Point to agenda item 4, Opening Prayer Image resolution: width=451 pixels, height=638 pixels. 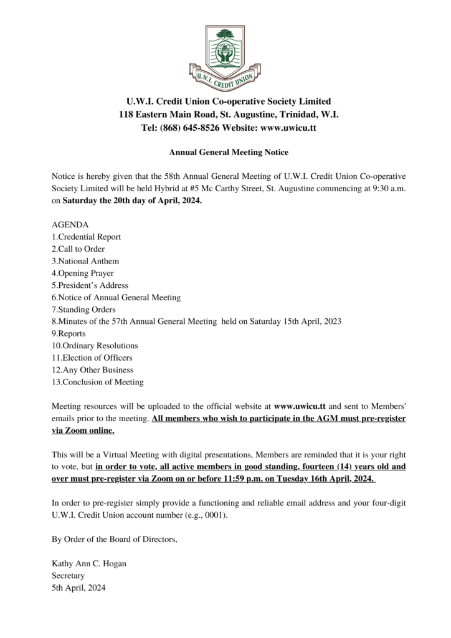click(x=82, y=273)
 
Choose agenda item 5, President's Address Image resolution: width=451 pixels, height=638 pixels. click(x=90, y=285)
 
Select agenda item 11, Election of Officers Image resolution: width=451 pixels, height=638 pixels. click(x=92, y=358)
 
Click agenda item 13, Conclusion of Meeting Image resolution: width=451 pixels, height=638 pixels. click(x=97, y=382)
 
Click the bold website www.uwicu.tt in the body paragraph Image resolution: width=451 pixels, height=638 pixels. click(x=305, y=406)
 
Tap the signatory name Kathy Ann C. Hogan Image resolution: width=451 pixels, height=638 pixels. click(x=89, y=564)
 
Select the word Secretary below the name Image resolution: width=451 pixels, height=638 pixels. click(x=68, y=576)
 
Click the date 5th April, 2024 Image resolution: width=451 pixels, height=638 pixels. click(x=78, y=588)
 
